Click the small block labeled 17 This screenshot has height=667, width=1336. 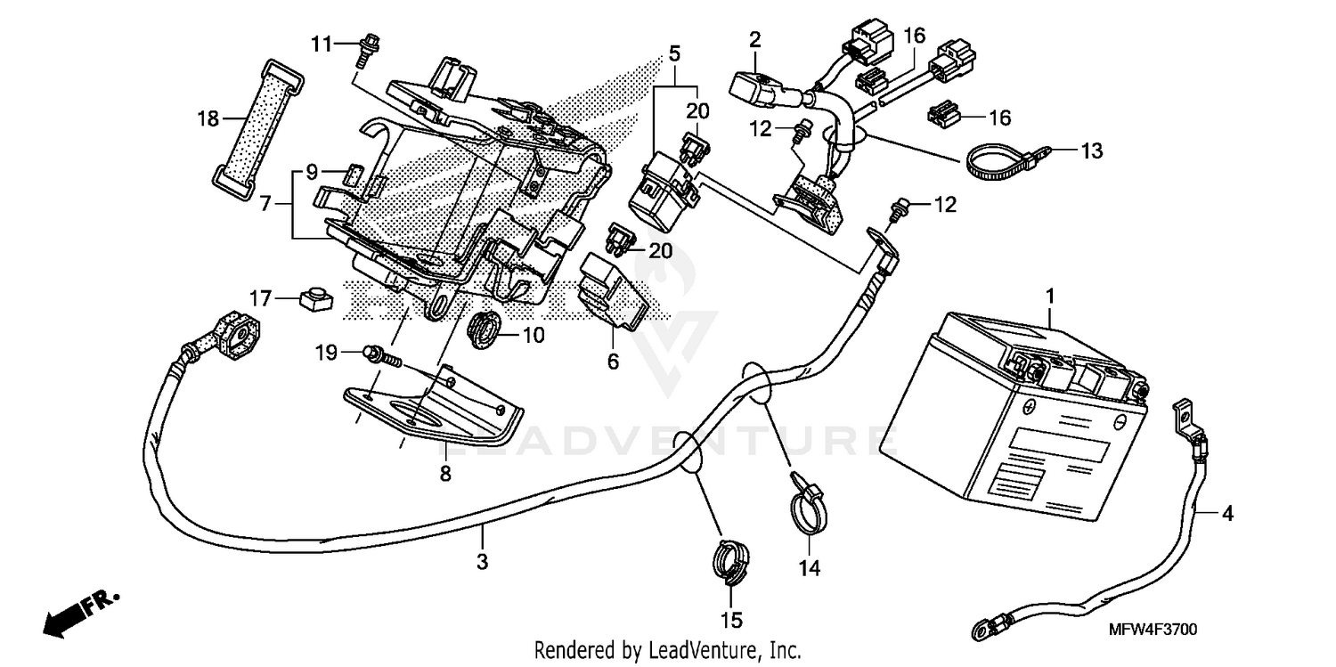pyautogui.click(x=314, y=299)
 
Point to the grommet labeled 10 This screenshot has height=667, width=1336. pyautogui.click(x=483, y=331)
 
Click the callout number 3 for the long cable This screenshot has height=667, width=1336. pyautogui.click(x=482, y=562)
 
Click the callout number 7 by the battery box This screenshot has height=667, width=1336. pyautogui.click(x=265, y=204)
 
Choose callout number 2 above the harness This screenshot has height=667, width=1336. pyautogui.click(x=754, y=39)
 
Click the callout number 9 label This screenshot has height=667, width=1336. pyautogui.click(x=312, y=169)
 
